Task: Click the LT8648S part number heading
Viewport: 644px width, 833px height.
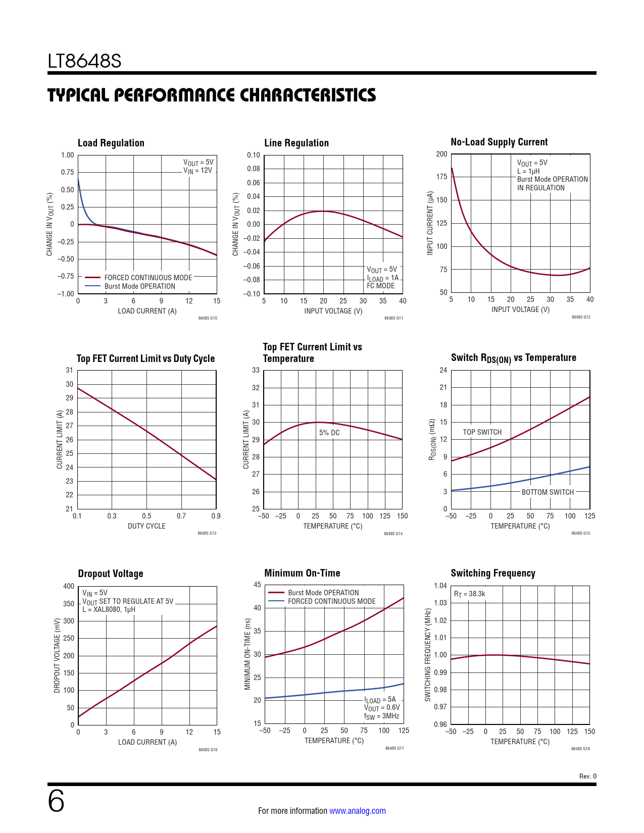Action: [x=84, y=61]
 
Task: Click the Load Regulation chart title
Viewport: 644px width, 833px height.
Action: [x=111, y=143]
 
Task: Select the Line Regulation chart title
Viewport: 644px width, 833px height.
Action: [x=296, y=143]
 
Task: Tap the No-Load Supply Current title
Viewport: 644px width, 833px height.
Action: [x=499, y=142]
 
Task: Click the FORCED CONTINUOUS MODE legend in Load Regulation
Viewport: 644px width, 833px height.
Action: [x=148, y=277]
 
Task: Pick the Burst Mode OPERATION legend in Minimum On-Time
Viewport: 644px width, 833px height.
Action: [x=323, y=593]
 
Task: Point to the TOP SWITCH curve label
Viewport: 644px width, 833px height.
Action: [x=482, y=432]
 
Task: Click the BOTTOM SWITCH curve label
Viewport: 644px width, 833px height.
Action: [x=548, y=492]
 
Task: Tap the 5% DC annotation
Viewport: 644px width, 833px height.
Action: [x=329, y=433]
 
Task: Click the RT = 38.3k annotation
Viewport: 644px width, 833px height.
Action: [x=469, y=594]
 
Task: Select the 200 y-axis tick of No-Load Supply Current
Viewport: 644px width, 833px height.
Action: [x=441, y=154]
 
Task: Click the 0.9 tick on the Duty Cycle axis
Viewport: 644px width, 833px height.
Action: [x=216, y=516]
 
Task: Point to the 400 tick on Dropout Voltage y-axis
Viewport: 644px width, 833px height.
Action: [x=69, y=586]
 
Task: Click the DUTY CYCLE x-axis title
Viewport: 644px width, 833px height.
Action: [x=146, y=526]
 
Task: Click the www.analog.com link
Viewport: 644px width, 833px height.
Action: [x=357, y=811]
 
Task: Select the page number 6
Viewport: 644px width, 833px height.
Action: [x=56, y=801]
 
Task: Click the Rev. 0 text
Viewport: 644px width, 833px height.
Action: [x=587, y=776]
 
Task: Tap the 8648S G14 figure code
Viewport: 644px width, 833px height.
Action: [x=393, y=534]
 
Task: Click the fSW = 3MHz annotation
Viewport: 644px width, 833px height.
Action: [x=381, y=716]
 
